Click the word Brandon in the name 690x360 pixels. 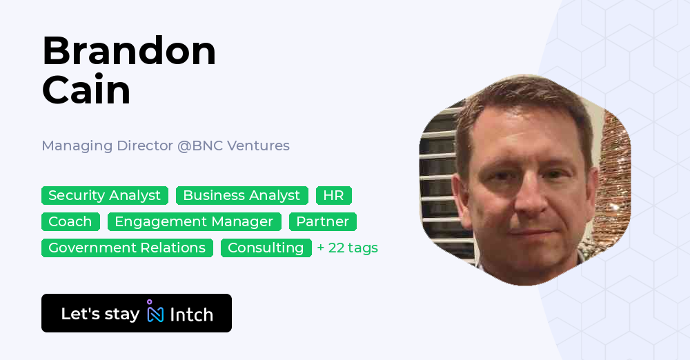pyautogui.click(x=129, y=51)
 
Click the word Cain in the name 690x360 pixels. pyautogui.click(x=86, y=90)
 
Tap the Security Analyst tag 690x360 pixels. pyautogui.click(x=105, y=196)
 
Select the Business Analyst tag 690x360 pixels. pyautogui.click(x=241, y=196)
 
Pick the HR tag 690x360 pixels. pyautogui.click(x=333, y=196)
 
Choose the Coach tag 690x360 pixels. pyautogui.click(x=70, y=221)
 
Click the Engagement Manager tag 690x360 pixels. pyautogui.click(x=194, y=221)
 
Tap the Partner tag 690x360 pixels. pyautogui.click(x=322, y=221)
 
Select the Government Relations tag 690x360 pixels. pyautogui.click(x=127, y=248)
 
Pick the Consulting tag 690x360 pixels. pyautogui.click(x=266, y=248)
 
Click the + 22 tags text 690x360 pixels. pyautogui.click(x=347, y=248)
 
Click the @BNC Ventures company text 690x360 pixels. pyautogui.click(x=234, y=146)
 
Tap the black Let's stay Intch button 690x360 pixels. pyautogui.click(x=136, y=313)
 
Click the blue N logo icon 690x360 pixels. pyautogui.click(x=156, y=314)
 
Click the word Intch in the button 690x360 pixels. pyautogui.click(x=191, y=314)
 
